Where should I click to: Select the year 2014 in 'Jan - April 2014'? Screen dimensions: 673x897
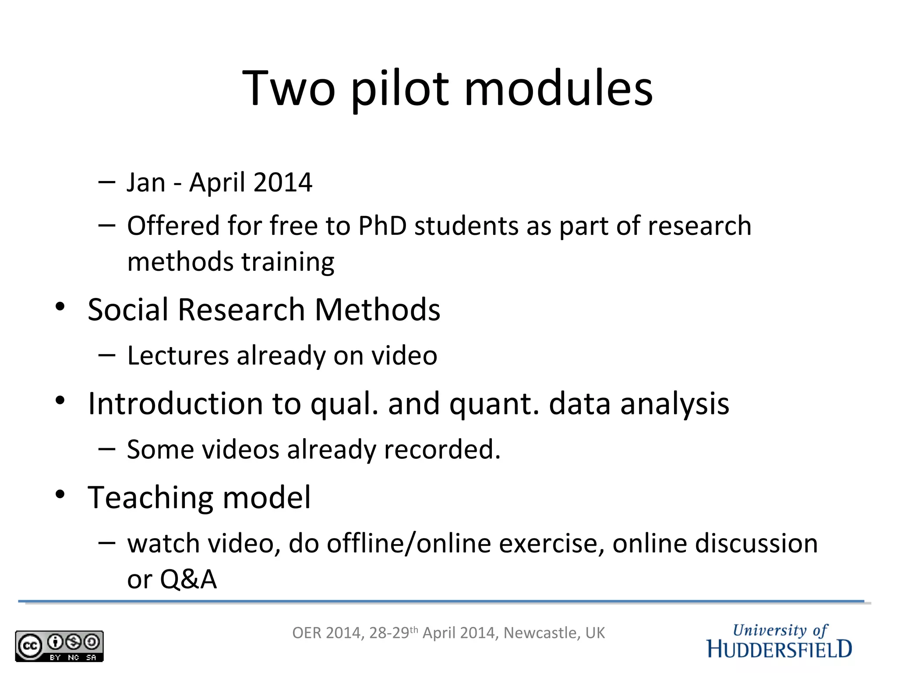pos(283,182)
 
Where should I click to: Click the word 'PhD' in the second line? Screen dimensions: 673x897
pos(382,226)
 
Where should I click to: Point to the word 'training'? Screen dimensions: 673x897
pos(288,262)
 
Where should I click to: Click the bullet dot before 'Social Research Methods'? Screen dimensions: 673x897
pos(60,306)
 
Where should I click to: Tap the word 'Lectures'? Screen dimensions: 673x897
pos(178,355)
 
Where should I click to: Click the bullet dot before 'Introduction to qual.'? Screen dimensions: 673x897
pos(60,400)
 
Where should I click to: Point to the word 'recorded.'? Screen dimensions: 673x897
pos(442,450)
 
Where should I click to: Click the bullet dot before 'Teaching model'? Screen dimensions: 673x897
pos(60,494)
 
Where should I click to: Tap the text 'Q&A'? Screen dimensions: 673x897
pos(188,579)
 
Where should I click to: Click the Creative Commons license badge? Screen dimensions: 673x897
pos(59,646)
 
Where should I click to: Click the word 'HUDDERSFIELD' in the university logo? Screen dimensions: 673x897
pos(779,649)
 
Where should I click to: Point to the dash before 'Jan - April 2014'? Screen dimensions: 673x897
pos(107,181)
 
